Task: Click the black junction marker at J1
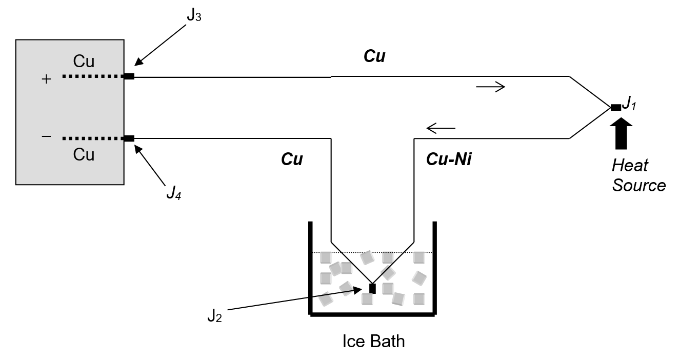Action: pos(615,107)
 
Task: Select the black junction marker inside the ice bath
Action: pos(372,288)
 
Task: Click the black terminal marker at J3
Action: pos(129,76)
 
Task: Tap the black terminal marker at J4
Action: pos(129,138)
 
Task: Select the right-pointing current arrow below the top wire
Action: pos(490,87)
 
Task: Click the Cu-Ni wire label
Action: pos(449,160)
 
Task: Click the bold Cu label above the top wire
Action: pos(374,56)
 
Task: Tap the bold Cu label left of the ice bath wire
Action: pos(292,160)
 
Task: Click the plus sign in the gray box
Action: pos(47,79)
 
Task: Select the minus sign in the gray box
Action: pos(46,136)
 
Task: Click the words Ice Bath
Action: pos(373,341)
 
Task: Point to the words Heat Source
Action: pos(638,175)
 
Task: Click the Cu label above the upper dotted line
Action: pos(84,61)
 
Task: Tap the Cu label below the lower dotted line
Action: pos(84,154)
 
